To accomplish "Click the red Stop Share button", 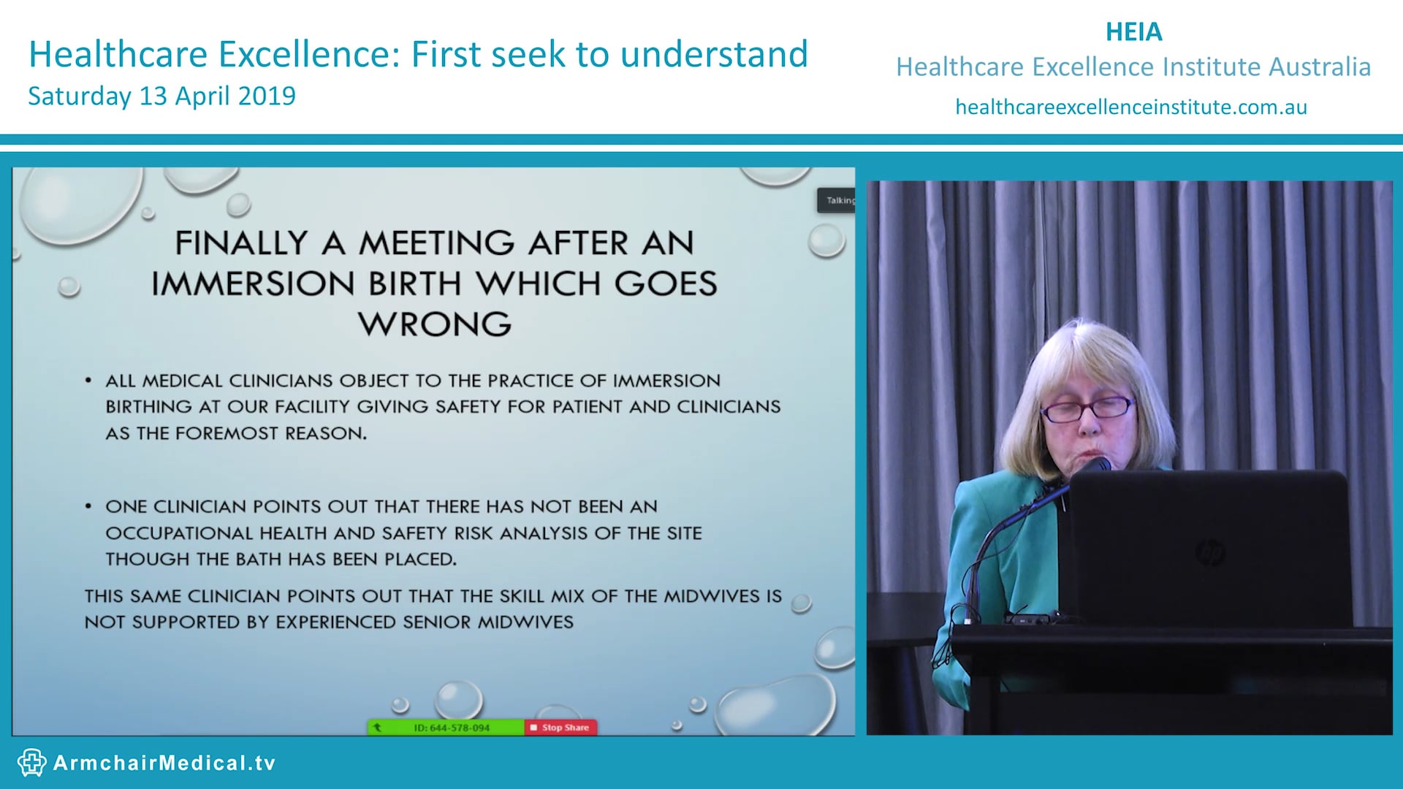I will pyautogui.click(x=560, y=728).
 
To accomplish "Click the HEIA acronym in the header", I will pyautogui.click(x=1133, y=32).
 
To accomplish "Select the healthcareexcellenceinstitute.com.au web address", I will pyautogui.click(x=1130, y=107).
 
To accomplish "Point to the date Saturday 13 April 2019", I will pyautogui.click(x=161, y=96).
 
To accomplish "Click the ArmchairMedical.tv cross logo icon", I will pyautogui.click(x=31, y=763).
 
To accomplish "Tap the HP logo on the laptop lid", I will pyautogui.click(x=1210, y=552).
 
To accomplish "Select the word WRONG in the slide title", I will pyautogui.click(x=435, y=324).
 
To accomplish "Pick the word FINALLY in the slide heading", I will pyautogui.click(x=241, y=243).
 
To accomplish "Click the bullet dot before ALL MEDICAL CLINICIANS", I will pyautogui.click(x=88, y=381).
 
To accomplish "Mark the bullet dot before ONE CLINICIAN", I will pyautogui.click(x=88, y=506).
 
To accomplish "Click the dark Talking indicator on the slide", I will pyautogui.click(x=836, y=200).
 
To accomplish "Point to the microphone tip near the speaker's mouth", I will pyautogui.click(x=1098, y=464).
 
